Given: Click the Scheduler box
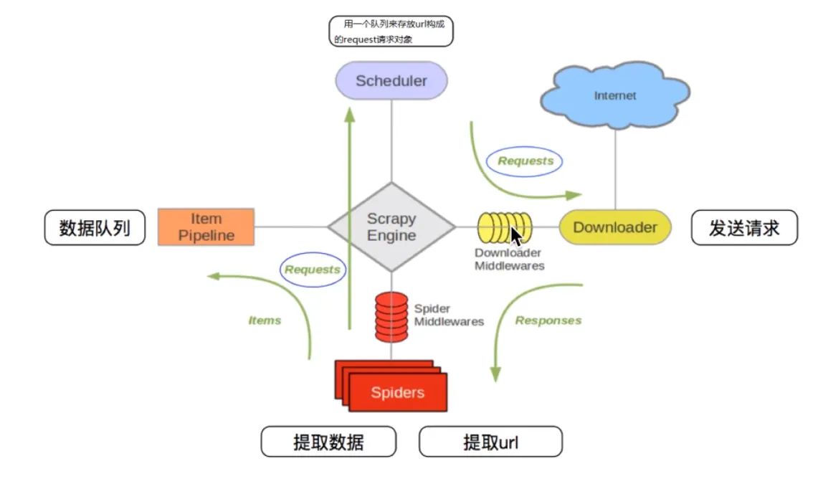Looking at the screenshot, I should [391, 80].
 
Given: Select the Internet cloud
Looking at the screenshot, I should [614, 95].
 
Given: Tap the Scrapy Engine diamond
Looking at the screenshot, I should [391, 227].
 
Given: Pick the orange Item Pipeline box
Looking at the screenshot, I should [206, 227].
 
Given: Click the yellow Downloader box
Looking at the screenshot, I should [615, 227].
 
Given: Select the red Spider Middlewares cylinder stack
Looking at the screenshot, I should [391, 316].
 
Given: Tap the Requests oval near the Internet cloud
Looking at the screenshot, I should [525, 161].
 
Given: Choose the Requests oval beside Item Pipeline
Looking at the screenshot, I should [312, 270].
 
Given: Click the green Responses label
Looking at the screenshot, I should [548, 321].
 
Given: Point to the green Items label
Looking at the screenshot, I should [265, 321].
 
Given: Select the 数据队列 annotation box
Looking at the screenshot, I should [95, 228].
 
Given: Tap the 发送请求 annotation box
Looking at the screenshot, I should [743, 228].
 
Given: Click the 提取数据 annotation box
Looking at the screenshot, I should [328, 442].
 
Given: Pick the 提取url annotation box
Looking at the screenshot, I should [490, 442].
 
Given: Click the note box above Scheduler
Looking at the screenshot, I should [391, 32].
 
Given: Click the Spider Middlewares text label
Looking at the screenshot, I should [449, 315].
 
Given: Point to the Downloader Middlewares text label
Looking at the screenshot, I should [509, 260].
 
